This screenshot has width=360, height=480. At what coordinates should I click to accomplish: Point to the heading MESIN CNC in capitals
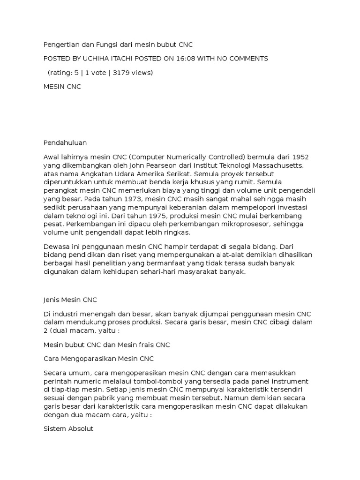point(62,87)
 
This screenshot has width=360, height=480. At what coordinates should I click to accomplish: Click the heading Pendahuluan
point(65,142)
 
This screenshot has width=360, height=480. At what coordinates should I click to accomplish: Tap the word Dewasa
point(57,247)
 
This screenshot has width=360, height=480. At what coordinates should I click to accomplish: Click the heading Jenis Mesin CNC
point(69,300)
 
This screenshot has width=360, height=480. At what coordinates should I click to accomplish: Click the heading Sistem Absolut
point(68,429)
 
